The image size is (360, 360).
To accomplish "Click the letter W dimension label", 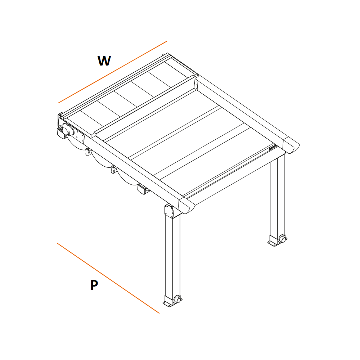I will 104,61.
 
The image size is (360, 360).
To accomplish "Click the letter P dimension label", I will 94,285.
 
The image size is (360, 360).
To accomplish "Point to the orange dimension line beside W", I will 113,72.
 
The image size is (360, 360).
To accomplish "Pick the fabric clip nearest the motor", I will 88,152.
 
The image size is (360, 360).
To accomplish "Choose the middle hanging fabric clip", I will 114,170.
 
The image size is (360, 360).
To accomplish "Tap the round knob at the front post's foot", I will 177,300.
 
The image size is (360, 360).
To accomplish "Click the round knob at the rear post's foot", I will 283,239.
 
